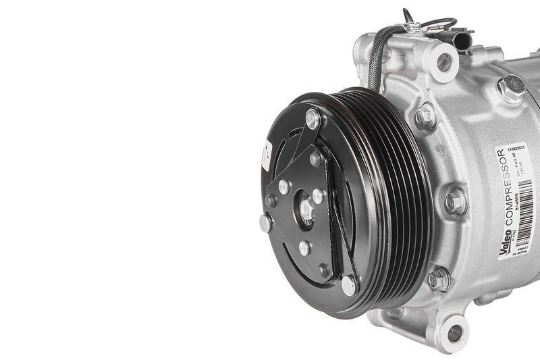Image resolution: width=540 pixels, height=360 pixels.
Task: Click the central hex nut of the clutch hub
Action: coord(306,208)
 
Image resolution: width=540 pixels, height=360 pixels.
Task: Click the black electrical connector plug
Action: coord(462,41)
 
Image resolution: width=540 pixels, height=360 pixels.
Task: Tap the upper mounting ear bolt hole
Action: coord(444,61)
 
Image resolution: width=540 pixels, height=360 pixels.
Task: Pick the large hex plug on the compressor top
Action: coord(510,86)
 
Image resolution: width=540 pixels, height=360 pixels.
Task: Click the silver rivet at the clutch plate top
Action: coord(313,120)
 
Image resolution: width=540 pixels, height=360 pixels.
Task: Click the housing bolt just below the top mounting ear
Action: coord(425,116)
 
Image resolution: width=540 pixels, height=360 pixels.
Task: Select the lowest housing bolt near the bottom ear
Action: coord(439,278)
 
